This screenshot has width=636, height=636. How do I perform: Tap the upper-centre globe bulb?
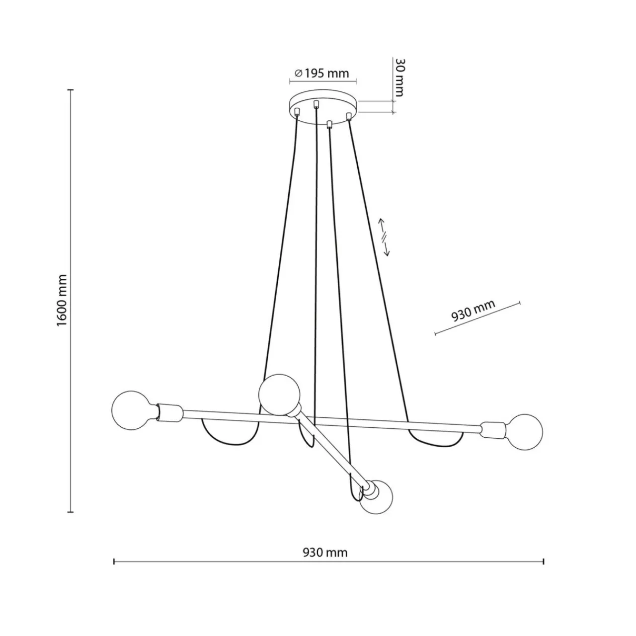[279, 395]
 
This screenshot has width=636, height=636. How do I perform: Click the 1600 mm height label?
[62, 300]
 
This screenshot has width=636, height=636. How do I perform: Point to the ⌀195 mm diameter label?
[321, 73]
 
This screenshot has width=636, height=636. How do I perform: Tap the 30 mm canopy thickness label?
[399, 78]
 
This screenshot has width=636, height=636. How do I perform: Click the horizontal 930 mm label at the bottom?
[325, 552]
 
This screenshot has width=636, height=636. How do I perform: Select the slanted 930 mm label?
[473, 310]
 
